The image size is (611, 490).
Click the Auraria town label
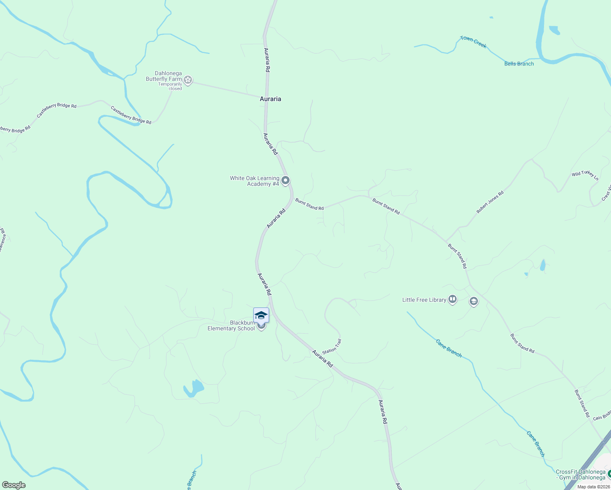[270, 99]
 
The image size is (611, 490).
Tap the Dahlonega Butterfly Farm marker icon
[188, 80]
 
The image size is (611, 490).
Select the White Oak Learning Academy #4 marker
[286, 180]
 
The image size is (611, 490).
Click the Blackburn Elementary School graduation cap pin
[261, 316]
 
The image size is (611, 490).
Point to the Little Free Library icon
[453, 300]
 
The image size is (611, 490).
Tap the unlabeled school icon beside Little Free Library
[474, 302]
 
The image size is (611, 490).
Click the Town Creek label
[473, 42]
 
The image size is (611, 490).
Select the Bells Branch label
[519, 64]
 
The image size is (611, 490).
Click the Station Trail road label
[332, 347]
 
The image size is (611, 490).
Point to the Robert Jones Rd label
[490, 202]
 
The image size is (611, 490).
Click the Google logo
[14, 485]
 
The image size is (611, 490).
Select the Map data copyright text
[593, 487]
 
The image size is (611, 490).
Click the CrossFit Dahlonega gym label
[580, 475]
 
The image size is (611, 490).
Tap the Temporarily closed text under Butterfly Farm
[170, 87]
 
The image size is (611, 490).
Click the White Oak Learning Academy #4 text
[254, 181]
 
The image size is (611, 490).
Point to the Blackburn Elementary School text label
[231, 325]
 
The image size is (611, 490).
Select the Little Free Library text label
[424, 300]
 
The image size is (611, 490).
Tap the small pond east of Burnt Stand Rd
[542, 265]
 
